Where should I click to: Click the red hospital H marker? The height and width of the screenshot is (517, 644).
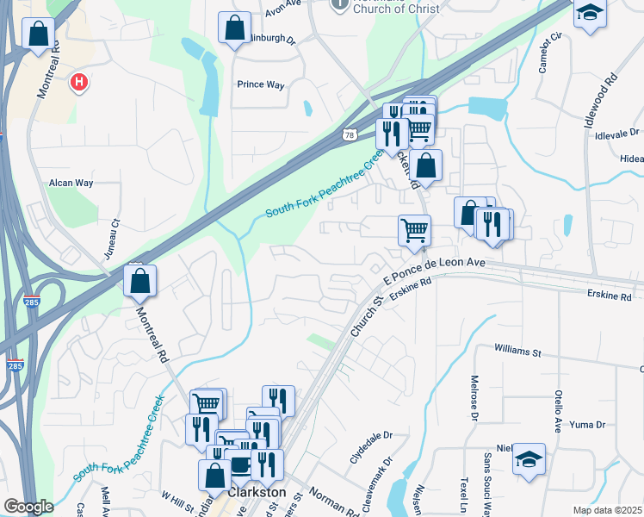[79, 83]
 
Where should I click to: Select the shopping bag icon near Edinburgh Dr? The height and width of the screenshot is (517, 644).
[234, 28]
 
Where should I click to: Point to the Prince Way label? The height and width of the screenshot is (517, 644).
[261, 84]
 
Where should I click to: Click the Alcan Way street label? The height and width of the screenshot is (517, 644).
[71, 183]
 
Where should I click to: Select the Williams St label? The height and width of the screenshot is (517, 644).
[517, 352]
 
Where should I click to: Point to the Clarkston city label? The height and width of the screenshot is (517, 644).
[257, 491]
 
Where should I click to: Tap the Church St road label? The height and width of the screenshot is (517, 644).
[365, 318]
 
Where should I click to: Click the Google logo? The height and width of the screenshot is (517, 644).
[28, 506]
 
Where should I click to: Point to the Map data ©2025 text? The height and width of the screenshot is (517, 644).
[607, 510]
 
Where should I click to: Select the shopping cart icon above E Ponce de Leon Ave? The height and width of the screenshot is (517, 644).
[414, 231]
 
